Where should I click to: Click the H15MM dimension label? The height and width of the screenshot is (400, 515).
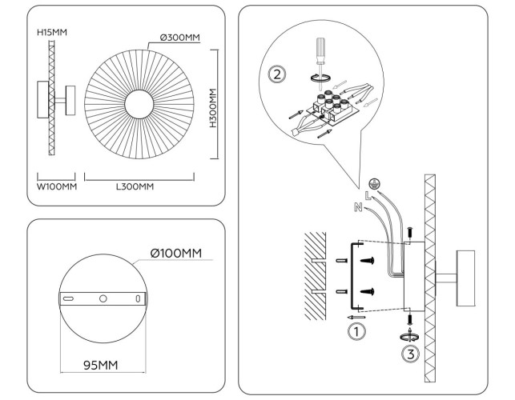(x=52, y=32)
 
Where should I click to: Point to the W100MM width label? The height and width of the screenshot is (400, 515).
(x=56, y=187)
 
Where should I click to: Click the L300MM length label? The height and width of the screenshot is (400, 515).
(x=134, y=187)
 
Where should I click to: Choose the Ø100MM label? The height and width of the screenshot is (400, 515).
(x=175, y=254)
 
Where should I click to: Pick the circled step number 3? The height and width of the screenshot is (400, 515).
(x=410, y=352)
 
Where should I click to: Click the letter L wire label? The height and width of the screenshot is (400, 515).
(x=368, y=194)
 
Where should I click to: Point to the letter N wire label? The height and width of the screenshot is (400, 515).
(x=357, y=207)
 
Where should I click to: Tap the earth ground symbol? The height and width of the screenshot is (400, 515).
(x=374, y=182)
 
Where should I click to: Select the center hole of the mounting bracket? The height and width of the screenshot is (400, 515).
(x=103, y=298)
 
